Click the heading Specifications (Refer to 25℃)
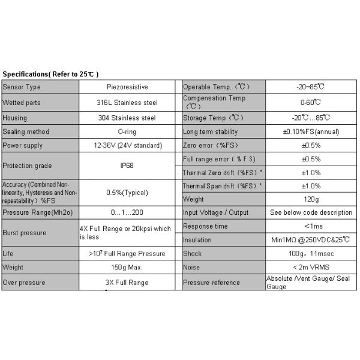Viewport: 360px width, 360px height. (49, 74)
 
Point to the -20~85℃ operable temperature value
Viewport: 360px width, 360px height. (311, 87)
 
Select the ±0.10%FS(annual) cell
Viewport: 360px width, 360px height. (311, 131)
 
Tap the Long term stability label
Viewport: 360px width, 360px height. (210, 131)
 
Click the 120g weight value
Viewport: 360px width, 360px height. (311, 199)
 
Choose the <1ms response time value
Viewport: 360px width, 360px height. (311, 226)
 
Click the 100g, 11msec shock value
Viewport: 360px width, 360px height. (311, 254)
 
